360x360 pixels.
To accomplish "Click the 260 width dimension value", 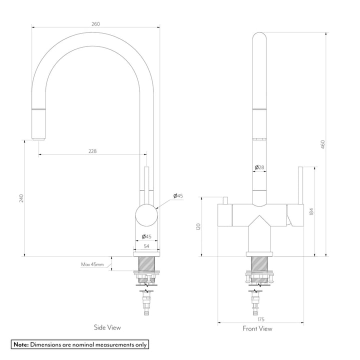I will [96, 23].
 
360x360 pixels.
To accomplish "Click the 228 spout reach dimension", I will [92, 151].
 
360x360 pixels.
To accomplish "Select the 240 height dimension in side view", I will [21, 198].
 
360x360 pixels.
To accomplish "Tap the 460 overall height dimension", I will [323, 144].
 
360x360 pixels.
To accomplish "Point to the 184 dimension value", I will [311, 211].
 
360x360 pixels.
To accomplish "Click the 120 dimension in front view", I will [198, 226].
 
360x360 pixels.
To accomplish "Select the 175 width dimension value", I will [260, 319].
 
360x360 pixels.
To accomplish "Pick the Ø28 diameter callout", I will [259, 166].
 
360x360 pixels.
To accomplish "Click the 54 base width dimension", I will [147, 246].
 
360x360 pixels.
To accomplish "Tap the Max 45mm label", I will [92, 263].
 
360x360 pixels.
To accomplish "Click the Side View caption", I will [107, 327].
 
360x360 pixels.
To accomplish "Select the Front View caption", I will [257, 328].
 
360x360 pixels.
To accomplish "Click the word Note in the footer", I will [20, 344].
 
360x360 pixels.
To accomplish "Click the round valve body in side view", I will [147, 216].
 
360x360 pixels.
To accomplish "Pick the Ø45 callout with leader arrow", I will [178, 195].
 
